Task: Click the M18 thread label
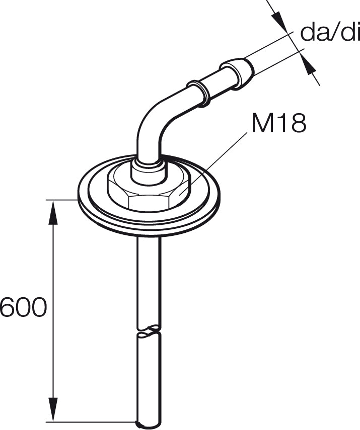coord(278,123)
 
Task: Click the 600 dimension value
coord(22,307)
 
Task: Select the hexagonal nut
coord(149,192)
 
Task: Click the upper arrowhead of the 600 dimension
coord(53,213)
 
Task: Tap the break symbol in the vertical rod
coord(149,331)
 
